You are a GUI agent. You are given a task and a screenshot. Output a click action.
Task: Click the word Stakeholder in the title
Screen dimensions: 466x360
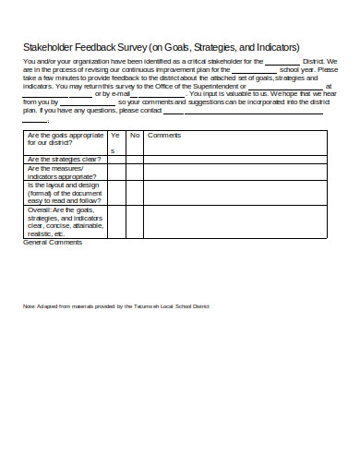click(x=50, y=47)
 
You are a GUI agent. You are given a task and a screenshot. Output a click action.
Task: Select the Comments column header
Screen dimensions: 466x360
click(x=164, y=136)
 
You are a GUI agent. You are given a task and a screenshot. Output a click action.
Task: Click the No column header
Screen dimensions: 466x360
click(x=134, y=136)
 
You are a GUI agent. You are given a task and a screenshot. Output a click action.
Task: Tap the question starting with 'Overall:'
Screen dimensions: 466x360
click(x=66, y=222)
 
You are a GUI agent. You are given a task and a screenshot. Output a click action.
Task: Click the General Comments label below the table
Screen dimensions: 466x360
click(x=52, y=244)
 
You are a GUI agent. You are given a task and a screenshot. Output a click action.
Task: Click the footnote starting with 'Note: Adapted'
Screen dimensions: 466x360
click(x=116, y=305)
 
